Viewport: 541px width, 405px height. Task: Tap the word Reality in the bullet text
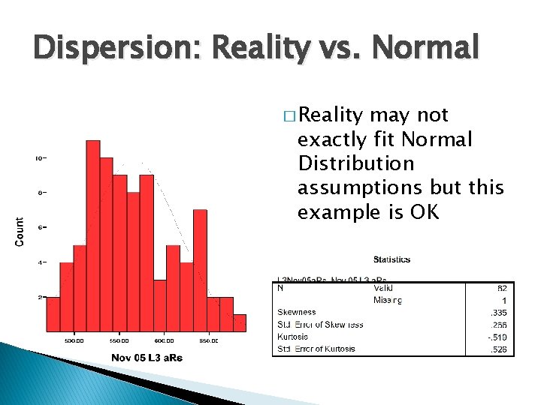click(x=333, y=115)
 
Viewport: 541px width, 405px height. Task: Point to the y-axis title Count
click(x=20, y=231)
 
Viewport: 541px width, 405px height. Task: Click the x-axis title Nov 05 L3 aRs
click(x=147, y=357)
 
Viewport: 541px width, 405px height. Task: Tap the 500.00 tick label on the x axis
click(x=73, y=340)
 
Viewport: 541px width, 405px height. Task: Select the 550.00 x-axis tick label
click(x=119, y=340)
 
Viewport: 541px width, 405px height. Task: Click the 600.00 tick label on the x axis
click(x=165, y=340)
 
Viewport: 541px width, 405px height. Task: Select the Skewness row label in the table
click(x=296, y=312)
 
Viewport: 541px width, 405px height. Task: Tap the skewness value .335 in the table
click(x=497, y=313)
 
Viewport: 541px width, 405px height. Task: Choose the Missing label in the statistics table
click(x=388, y=300)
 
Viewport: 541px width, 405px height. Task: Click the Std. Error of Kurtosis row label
click(x=316, y=349)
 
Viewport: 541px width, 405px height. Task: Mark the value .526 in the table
click(x=497, y=349)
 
